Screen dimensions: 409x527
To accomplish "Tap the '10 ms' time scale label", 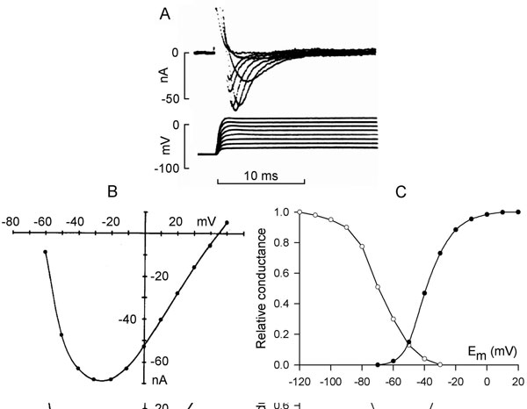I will [x=261, y=176].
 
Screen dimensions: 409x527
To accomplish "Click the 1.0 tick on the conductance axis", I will [x=284, y=212].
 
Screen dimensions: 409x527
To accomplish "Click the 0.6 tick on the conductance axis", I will [x=284, y=273].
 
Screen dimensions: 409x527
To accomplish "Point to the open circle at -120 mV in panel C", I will [x=300, y=212].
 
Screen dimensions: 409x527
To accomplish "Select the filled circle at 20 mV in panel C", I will [x=517, y=212].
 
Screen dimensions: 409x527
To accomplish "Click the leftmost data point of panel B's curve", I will [x=45, y=252].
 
